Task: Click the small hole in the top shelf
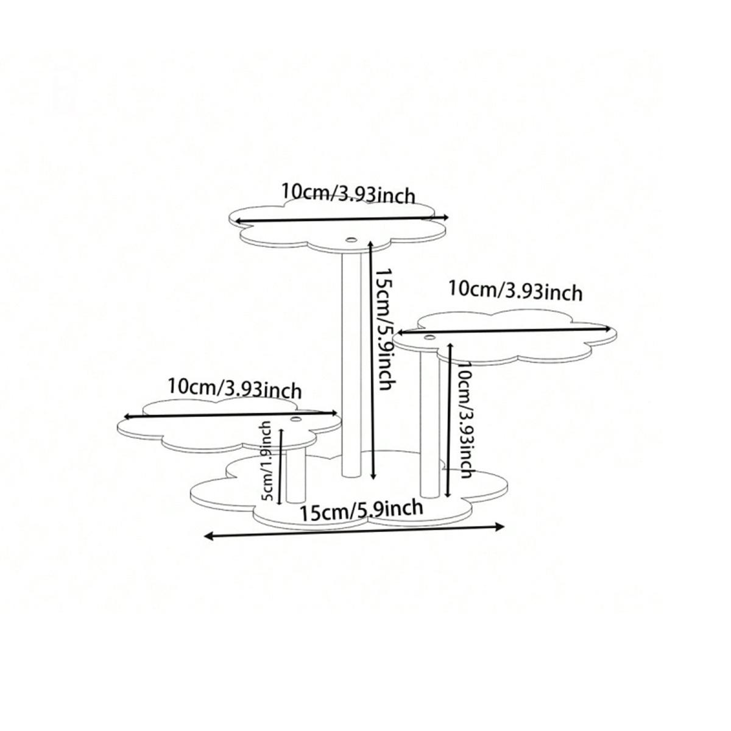pos(351,239)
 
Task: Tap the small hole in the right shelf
pos(429,337)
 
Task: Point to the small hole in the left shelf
pos(295,420)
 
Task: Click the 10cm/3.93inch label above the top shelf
pos(348,194)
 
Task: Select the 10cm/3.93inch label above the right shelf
pos(515,291)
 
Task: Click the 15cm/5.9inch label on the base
pos(361,511)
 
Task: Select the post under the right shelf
pos(430,424)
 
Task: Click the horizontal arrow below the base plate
pos(355,531)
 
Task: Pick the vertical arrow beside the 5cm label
pos(281,467)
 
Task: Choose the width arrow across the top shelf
pos(341,219)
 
